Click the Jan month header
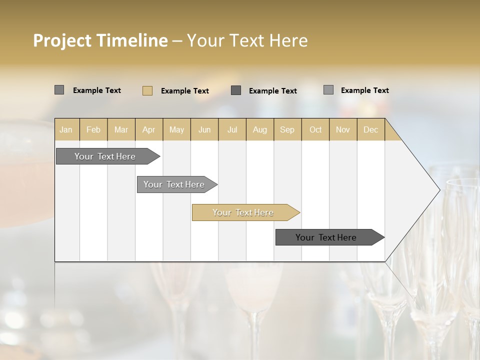coord(66,129)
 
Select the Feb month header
coord(93,129)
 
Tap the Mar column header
coord(121,129)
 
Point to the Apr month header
coord(149,129)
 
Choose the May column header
coord(176,129)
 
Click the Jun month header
coord(204,129)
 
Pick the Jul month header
coord(232,129)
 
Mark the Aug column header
coord(260,129)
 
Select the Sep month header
coord(287,129)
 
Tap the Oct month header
coord(315,129)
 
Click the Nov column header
coord(343,129)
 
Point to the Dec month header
coord(371,129)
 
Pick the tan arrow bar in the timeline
coord(243,212)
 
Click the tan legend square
coord(147,90)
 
